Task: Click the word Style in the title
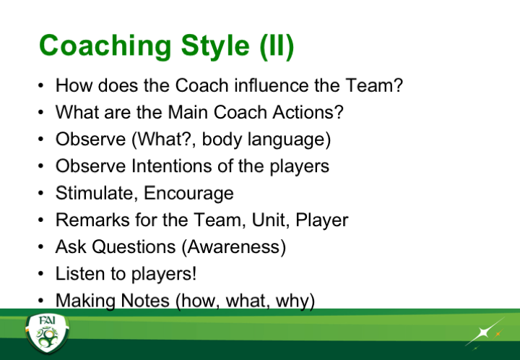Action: [x=215, y=46]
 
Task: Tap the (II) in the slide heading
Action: [x=277, y=47]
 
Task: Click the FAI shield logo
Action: [x=48, y=333]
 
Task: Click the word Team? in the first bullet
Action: [x=374, y=85]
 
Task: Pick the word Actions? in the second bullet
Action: [x=308, y=112]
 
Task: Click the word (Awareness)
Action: [x=234, y=247]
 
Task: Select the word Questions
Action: [x=134, y=247]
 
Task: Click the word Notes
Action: [x=145, y=301]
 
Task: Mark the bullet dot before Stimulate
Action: [x=40, y=193]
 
